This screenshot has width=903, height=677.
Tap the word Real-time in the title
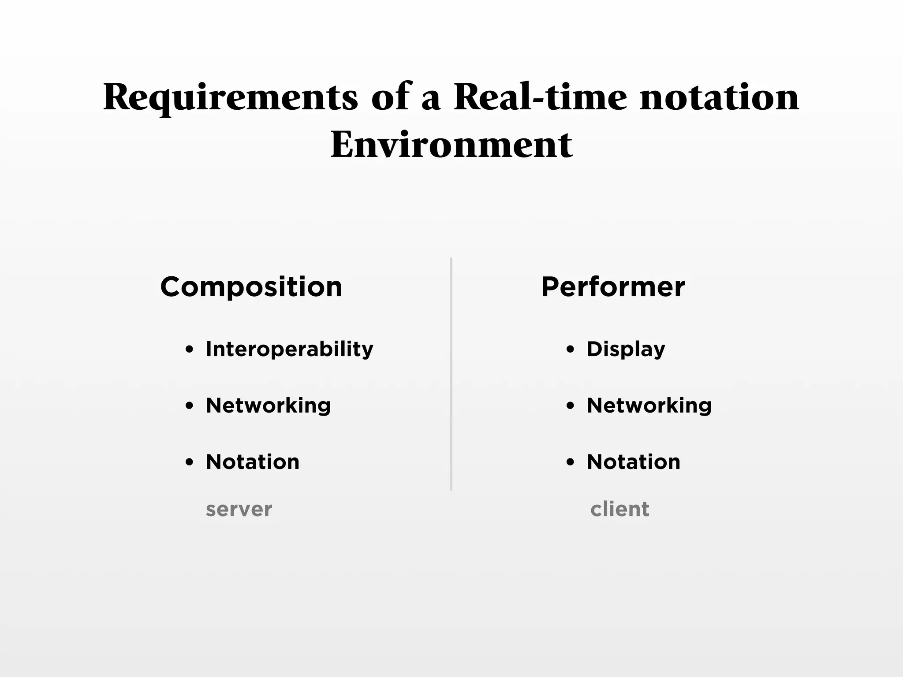pyautogui.click(x=540, y=97)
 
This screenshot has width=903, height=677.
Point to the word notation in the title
pyautogui.click(x=719, y=97)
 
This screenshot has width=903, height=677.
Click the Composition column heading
pyautogui.click(x=251, y=287)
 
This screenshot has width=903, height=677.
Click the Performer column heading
pyautogui.click(x=613, y=287)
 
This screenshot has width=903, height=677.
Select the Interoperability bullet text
pyautogui.click(x=289, y=350)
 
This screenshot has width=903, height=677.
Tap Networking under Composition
pyautogui.click(x=268, y=405)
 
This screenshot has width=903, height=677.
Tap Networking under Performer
pyautogui.click(x=649, y=405)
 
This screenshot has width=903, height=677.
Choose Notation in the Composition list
pyautogui.click(x=253, y=462)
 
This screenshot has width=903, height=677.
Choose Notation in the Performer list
pyautogui.click(x=634, y=462)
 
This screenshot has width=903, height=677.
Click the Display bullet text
pyautogui.click(x=626, y=350)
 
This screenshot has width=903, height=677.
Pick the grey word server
pyautogui.click(x=239, y=510)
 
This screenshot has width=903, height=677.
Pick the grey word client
pyautogui.click(x=619, y=509)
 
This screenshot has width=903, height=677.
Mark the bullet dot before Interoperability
pyautogui.click(x=190, y=350)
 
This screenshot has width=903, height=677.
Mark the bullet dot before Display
pyautogui.click(x=570, y=350)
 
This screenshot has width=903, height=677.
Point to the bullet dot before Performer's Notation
pyautogui.click(x=570, y=462)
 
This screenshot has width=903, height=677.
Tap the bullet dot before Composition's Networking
pyautogui.click(x=190, y=405)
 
